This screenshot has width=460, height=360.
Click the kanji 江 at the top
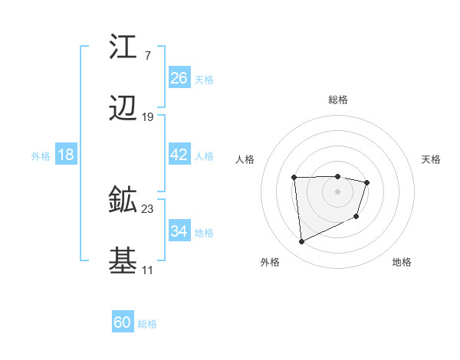click(123, 47)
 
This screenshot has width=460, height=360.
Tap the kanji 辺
click(123, 110)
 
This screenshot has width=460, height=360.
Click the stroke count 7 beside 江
click(148, 55)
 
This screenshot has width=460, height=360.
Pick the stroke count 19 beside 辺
click(148, 117)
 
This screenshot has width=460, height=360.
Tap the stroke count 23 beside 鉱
click(148, 208)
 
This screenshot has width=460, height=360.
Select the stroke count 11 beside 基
click(148, 270)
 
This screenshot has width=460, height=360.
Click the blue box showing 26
click(179, 77)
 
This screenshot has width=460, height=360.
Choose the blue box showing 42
click(179, 155)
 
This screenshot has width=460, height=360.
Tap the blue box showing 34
click(179, 231)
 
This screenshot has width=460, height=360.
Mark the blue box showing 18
click(66, 155)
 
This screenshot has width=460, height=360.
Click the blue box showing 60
click(123, 322)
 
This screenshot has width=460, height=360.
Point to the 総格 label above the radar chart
click(338, 100)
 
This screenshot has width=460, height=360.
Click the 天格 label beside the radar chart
click(431, 159)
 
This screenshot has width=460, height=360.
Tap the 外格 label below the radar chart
click(270, 262)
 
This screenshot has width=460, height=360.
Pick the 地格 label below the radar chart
click(402, 262)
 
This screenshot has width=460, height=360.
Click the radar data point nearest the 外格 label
click(301, 242)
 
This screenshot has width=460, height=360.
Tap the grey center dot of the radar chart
click(338, 191)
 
